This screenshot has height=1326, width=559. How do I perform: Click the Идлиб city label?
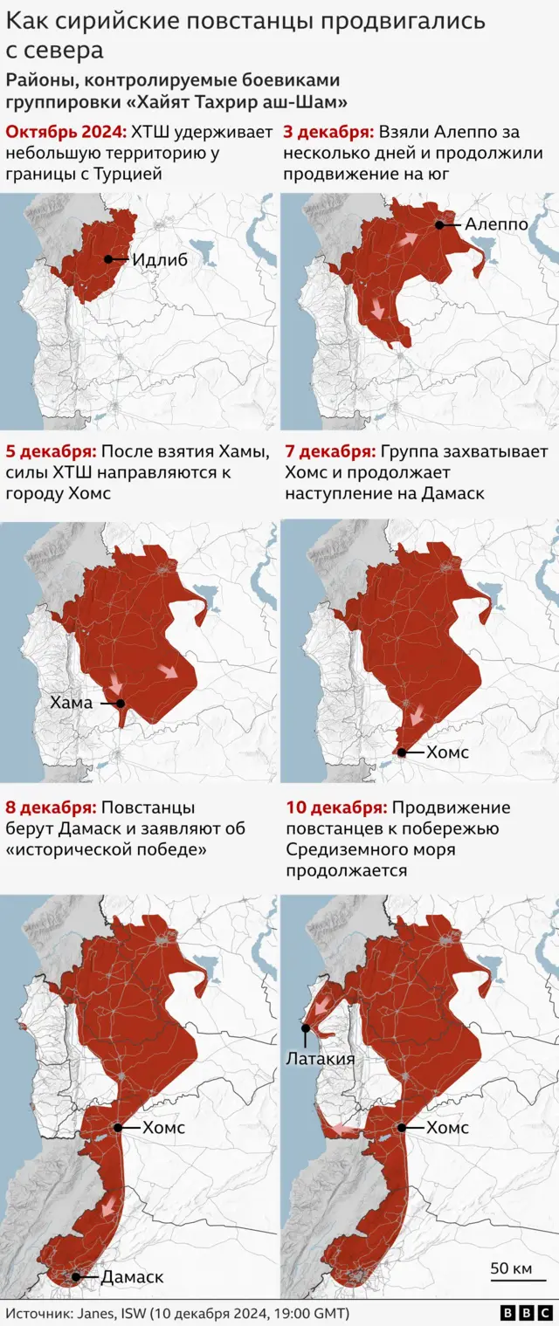(x=160, y=259)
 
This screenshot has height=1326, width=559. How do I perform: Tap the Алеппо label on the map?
(x=496, y=224)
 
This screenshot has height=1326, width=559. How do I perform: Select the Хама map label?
(x=71, y=703)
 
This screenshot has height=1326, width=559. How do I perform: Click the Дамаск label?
(x=132, y=1277)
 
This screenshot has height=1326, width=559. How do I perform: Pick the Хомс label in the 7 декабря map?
(x=447, y=752)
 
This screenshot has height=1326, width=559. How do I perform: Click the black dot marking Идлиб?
(x=107, y=258)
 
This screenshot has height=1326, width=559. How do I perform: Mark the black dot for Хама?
(x=121, y=703)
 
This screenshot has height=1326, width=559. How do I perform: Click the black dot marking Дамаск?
(x=76, y=1277)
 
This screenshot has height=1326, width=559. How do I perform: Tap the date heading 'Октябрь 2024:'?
(x=66, y=132)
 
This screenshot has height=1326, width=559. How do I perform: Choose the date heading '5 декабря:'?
(x=51, y=451)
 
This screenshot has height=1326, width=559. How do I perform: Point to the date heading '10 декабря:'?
(x=335, y=807)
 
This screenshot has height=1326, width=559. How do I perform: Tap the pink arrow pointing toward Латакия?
(x=319, y=1009)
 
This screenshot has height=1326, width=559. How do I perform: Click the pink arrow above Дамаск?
(x=107, y=1209)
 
